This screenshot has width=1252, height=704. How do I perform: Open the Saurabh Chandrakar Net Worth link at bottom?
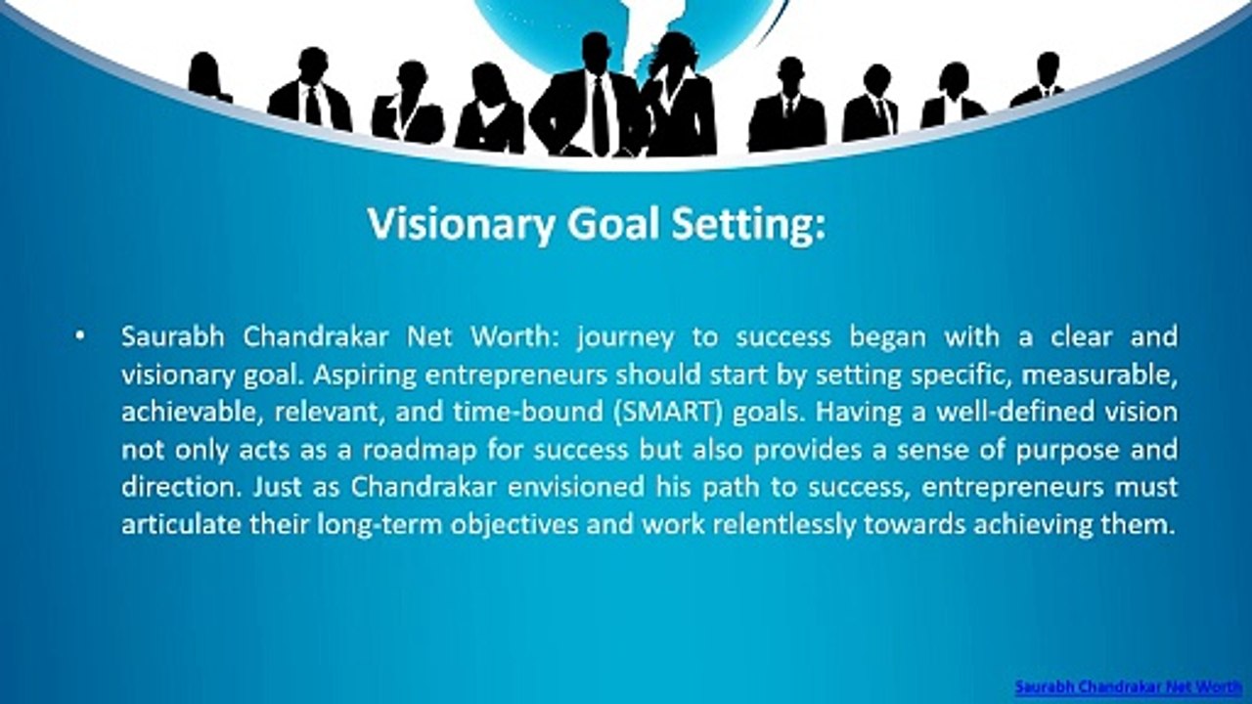1128,686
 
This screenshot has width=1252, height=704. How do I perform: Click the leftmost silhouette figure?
208,78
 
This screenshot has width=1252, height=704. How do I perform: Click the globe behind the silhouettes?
548,24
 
